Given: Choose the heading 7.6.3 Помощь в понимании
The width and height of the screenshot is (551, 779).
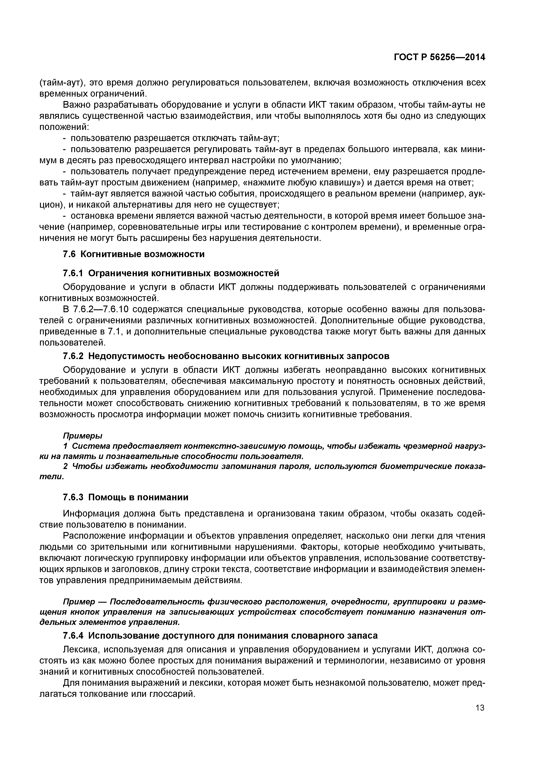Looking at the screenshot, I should tap(126, 497).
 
